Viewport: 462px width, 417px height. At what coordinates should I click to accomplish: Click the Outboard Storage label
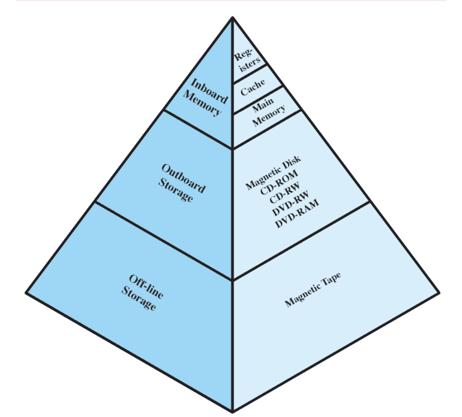click(181, 183)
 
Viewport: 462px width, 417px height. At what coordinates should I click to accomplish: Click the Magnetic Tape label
click(313, 290)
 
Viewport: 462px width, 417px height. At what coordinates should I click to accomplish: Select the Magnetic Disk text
click(273, 173)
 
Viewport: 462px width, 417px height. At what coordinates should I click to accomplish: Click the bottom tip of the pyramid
click(232, 412)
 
